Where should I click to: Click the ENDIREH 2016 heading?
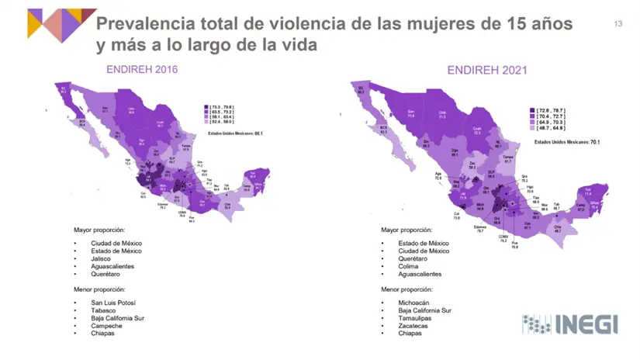(x=142, y=70)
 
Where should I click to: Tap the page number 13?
(x=618, y=24)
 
